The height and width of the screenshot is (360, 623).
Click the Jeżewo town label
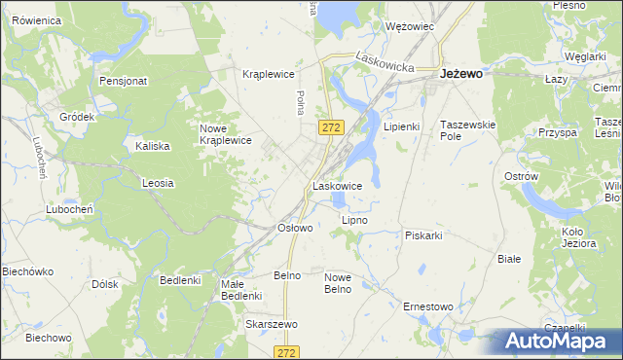click(463, 73)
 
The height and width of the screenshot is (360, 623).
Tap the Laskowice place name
click(338, 185)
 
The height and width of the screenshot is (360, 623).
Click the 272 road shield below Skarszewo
click(286, 351)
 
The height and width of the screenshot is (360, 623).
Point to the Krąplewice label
click(268, 74)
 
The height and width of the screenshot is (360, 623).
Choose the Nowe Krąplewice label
click(226, 134)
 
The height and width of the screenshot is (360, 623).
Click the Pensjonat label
click(123, 81)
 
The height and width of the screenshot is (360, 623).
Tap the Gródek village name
click(76, 117)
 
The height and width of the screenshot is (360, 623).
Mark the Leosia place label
click(158, 182)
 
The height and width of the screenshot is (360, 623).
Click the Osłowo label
click(295, 228)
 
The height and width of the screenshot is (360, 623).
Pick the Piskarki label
click(423, 235)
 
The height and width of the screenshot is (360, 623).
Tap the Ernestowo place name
click(428, 306)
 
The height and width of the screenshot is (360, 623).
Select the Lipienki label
click(401, 126)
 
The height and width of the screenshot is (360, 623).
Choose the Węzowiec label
click(409, 26)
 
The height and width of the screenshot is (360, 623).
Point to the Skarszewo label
click(272, 324)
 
